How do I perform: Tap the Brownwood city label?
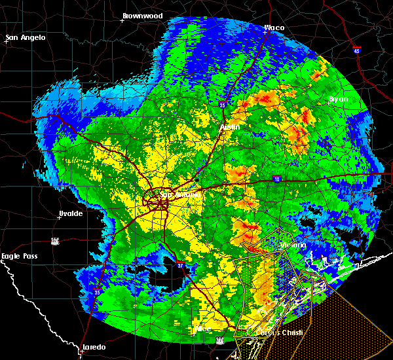click(x=142, y=14)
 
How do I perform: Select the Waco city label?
click(x=274, y=27)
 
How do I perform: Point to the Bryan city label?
click(x=339, y=99)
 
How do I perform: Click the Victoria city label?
click(x=294, y=245)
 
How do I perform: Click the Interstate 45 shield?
click(x=356, y=50)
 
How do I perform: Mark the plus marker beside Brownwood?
click(x=122, y=20)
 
